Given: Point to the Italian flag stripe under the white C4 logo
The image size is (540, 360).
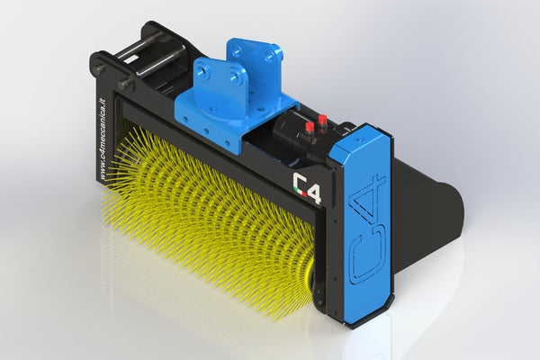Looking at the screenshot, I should (307, 201).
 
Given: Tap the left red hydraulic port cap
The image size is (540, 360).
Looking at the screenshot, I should (310, 127).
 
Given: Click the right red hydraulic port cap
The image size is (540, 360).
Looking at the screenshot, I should (323, 119).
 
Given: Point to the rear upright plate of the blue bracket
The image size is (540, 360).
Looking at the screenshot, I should (251, 58).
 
